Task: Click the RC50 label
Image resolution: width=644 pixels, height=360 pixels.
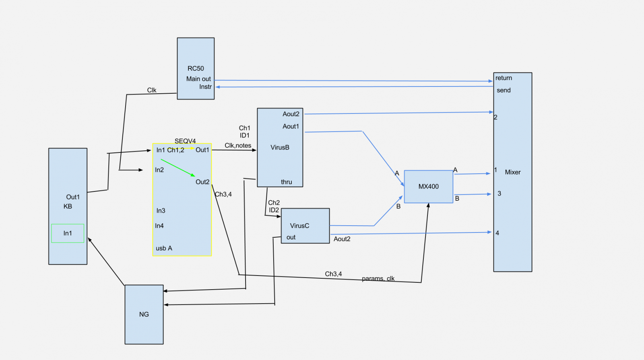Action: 196,68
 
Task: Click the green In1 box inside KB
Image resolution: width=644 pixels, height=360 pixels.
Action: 68,233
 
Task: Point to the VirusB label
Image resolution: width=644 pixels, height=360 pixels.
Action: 280,148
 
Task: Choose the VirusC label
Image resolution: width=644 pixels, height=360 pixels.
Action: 299,226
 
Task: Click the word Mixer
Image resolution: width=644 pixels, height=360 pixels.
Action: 512,172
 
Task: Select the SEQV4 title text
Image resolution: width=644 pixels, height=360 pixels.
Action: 185,141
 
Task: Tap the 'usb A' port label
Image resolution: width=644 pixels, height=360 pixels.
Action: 164,248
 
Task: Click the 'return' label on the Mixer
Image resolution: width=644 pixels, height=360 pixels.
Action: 504,78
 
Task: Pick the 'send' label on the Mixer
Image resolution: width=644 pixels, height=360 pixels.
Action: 504,90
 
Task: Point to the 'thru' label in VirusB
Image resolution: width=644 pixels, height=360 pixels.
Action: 286,182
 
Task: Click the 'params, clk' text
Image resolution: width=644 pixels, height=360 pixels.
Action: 378,278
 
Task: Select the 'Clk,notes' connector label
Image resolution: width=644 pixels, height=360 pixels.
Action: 238,146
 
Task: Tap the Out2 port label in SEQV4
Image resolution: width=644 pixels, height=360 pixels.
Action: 202,182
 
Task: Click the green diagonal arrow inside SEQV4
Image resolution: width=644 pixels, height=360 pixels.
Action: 178,168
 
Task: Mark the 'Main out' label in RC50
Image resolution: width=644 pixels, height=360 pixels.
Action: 198,79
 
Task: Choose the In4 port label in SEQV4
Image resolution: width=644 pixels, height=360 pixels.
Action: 159,226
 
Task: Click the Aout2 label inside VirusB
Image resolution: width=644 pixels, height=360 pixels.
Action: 291,114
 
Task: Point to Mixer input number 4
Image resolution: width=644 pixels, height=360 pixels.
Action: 497,233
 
